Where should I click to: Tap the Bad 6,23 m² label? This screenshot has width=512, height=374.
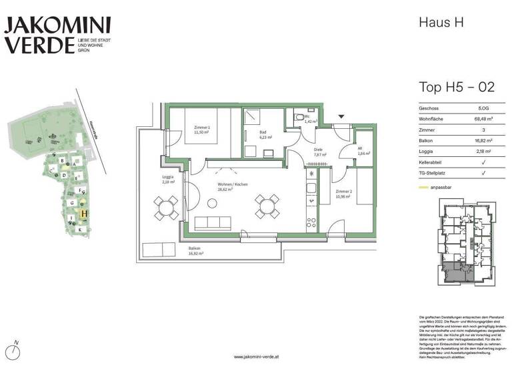(265, 135)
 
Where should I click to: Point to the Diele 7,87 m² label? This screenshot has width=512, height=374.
(319, 153)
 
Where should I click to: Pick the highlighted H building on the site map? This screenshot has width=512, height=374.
(84, 214)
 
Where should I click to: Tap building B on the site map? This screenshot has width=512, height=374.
(62, 161)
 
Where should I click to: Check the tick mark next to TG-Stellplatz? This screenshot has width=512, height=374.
(483, 172)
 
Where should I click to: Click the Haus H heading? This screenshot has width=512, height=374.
(440, 22)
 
